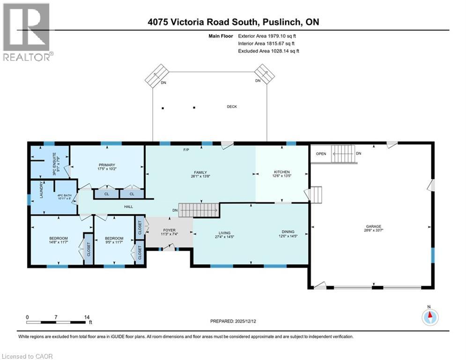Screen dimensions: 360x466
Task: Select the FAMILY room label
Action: point(200,172)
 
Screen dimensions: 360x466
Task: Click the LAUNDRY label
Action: point(42,190)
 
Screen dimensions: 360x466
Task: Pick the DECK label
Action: point(232,107)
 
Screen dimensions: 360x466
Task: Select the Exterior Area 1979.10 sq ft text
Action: point(268,36)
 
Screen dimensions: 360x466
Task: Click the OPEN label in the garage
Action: point(321,154)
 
